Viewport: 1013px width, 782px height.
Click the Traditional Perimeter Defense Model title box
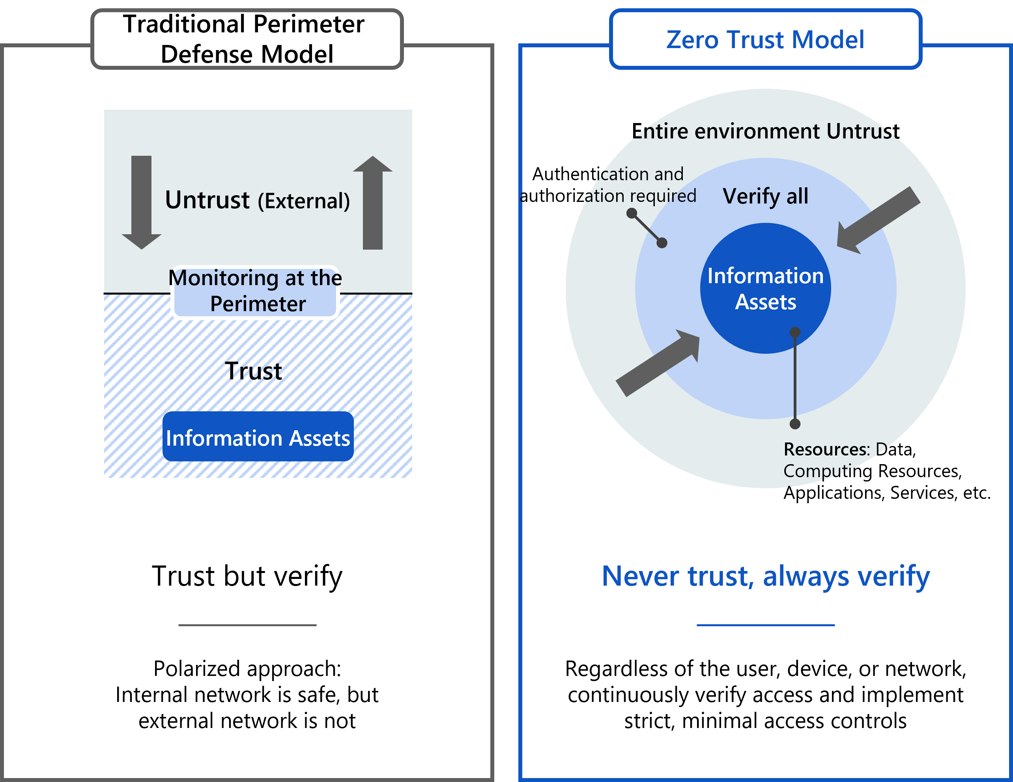coord(247,39)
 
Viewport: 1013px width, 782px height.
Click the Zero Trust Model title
coord(765,39)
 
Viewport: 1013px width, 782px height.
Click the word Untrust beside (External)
coord(207,200)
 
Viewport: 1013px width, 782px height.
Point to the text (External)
coord(304,201)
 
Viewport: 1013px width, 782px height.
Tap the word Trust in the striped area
coord(253,371)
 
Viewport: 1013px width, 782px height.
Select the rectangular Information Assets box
coord(258,437)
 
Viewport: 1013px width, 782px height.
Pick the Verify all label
coord(765,196)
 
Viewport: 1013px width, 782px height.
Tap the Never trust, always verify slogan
coord(765,576)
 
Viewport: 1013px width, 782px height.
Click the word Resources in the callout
coord(826,449)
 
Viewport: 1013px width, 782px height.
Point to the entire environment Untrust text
coord(765,131)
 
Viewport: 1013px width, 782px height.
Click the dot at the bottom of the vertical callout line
coord(795,424)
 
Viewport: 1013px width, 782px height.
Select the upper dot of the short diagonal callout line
coord(632,213)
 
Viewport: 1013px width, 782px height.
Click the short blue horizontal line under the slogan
coord(765,625)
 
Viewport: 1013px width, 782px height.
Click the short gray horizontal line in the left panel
coord(247,625)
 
